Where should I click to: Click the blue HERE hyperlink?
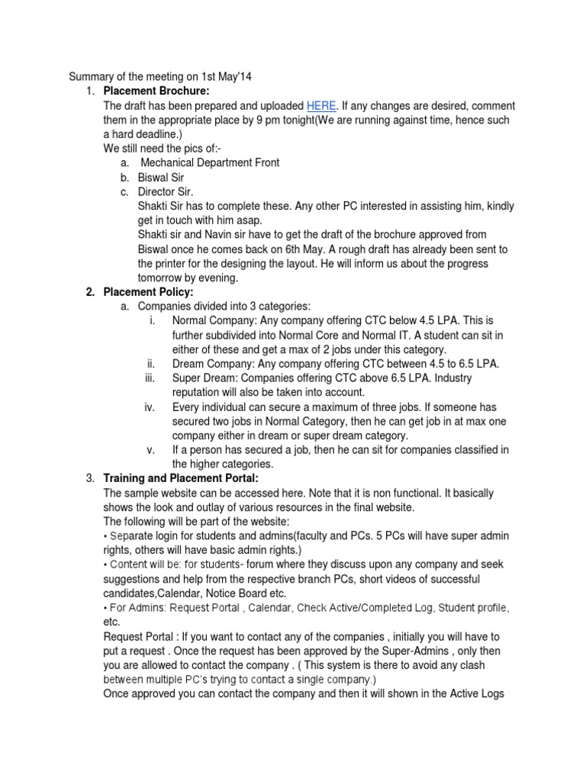click(x=320, y=106)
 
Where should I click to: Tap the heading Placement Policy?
click(x=148, y=291)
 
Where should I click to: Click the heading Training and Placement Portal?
click(x=181, y=478)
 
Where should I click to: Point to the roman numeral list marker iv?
click(x=150, y=407)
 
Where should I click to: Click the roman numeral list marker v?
click(x=151, y=450)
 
